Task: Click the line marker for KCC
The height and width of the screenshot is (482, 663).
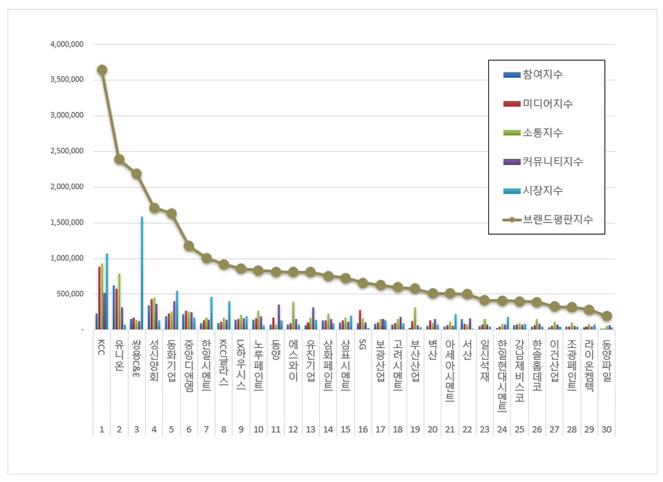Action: pos(102,70)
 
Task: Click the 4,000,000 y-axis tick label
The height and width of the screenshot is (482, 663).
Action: pos(67,44)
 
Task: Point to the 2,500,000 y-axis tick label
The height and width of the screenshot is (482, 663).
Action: pos(67,151)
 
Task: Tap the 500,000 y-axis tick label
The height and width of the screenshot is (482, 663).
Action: pos(71,294)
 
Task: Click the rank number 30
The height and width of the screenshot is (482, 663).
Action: pos(606,430)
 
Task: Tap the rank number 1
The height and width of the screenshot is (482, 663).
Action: pos(102,430)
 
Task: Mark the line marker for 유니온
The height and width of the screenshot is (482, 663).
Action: pos(119,160)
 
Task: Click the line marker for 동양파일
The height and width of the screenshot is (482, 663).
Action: pos(606,316)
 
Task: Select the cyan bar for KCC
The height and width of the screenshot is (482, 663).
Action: pos(106,291)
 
